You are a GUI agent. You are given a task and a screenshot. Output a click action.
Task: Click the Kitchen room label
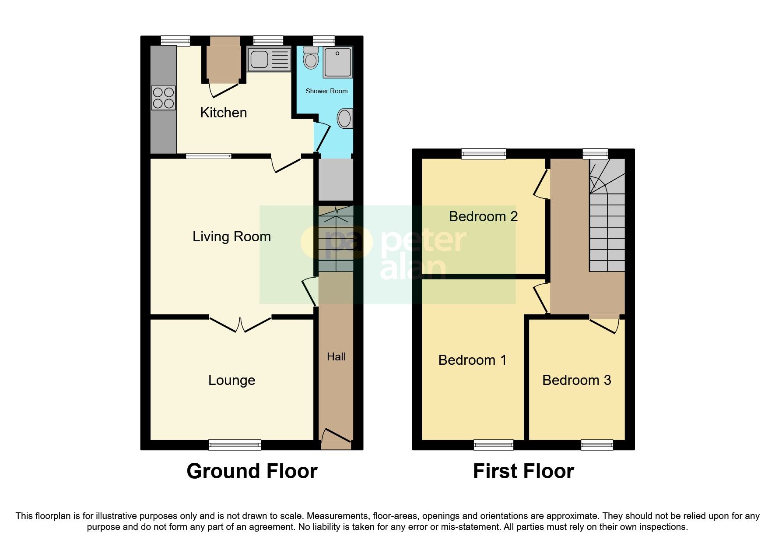(223, 113)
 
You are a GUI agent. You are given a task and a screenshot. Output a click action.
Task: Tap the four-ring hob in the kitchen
(163, 98)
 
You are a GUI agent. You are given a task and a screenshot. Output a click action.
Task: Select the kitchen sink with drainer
(269, 59)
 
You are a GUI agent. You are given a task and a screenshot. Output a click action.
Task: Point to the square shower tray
(338, 62)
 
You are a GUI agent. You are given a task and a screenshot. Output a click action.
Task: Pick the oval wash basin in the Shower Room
(345, 118)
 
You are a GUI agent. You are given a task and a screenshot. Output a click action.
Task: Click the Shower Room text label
(326, 91)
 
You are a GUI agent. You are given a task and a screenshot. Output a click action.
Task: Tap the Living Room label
(231, 237)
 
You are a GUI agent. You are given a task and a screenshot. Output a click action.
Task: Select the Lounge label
(231, 380)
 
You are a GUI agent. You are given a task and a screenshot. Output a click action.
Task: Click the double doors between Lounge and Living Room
(240, 324)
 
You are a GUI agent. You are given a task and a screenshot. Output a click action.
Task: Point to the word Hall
(336, 357)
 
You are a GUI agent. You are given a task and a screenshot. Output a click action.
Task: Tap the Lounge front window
(235, 445)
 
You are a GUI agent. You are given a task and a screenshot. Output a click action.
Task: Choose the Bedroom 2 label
(483, 216)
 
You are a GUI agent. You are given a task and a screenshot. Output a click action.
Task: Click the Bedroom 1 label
(472, 360)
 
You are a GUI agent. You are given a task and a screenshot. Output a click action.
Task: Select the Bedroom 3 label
(576, 380)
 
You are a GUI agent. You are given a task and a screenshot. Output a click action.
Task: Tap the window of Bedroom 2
(484, 154)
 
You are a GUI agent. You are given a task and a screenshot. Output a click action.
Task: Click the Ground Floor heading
(252, 472)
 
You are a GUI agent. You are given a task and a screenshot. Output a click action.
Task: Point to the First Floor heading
(523, 472)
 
